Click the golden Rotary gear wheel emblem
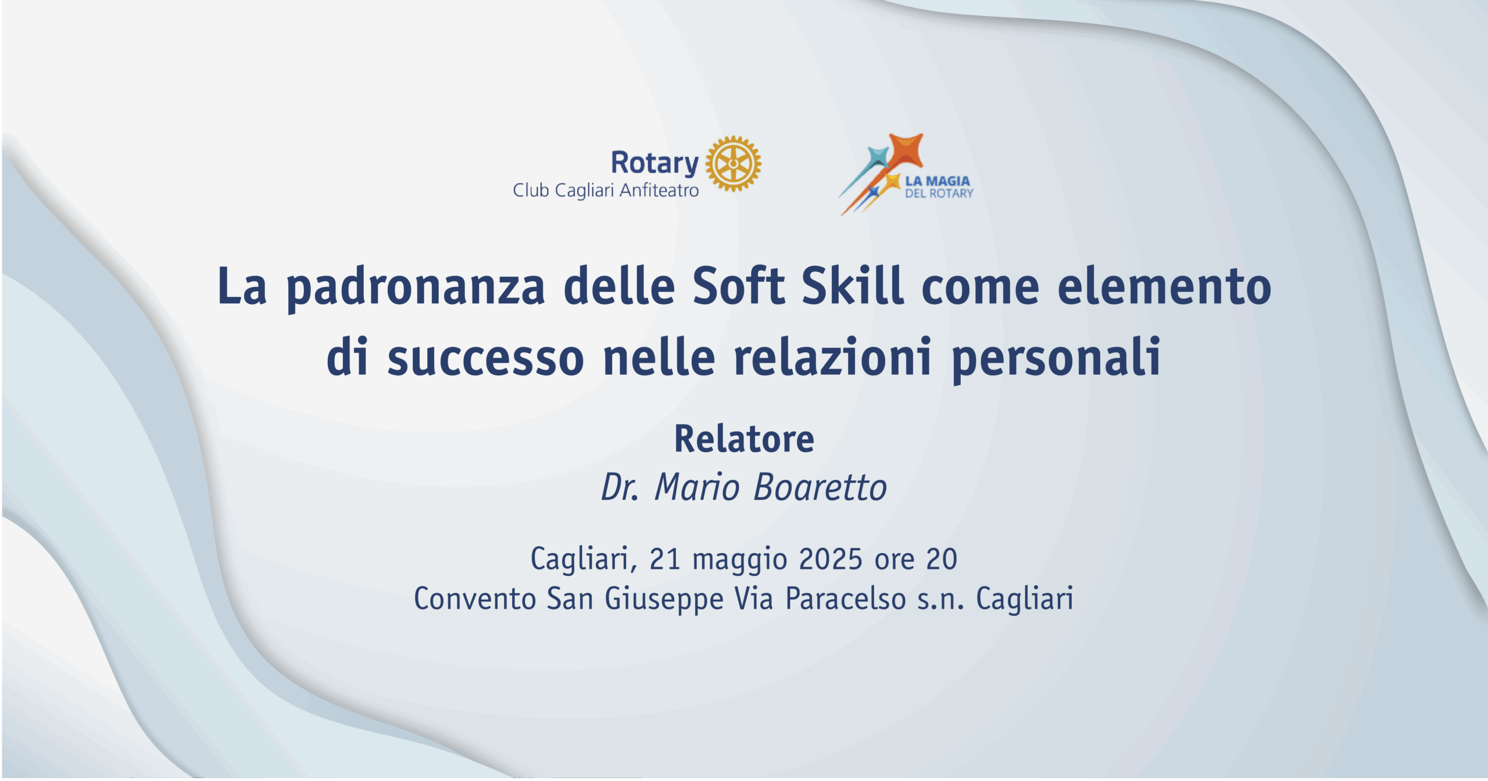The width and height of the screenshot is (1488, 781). [x=733, y=164]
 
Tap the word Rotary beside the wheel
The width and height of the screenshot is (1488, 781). [x=654, y=163]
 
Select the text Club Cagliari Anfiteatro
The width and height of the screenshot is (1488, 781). [x=606, y=191]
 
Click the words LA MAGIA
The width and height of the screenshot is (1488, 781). [x=938, y=181]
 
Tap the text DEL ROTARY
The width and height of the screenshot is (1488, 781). [x=939, y=194]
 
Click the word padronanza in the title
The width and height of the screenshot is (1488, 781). [x=416, y=288]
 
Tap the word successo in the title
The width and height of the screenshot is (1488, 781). [x=485, y=358]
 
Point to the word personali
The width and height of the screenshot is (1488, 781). [x=1056, y=359]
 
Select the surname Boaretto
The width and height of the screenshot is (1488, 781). [x=820, y=487]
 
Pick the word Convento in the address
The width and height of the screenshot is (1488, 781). [x=475, y=599]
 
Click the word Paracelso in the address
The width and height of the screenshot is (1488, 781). [x=846, y=599]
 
